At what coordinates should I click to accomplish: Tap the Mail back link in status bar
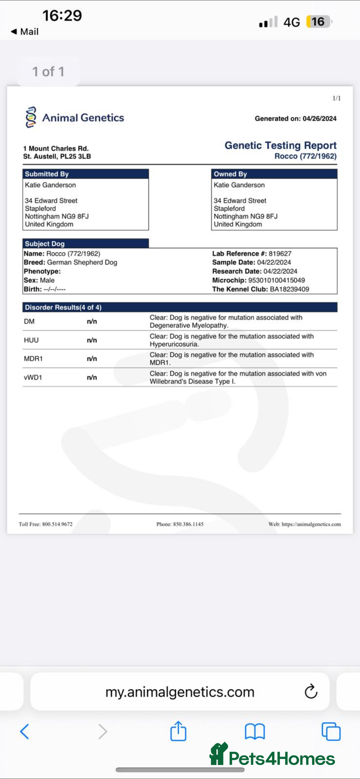[25, 32]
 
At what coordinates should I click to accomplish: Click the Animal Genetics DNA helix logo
[31, 117]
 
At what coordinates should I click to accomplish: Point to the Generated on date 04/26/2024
[319, 119]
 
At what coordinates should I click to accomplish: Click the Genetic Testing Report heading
[280, 145]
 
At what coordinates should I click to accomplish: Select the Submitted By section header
[47, 174]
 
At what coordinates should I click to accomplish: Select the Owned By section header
[230, 174]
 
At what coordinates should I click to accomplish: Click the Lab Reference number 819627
[280, 254]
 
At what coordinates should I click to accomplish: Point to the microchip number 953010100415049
[276, 280]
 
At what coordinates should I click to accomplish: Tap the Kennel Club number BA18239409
[289, 289]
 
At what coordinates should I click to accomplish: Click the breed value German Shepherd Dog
[82, 262]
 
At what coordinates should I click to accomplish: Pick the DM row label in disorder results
[29, 321]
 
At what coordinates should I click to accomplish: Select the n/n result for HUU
[92, 340]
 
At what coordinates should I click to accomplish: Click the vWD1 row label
[33, 377]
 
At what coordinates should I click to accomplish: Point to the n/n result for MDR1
[92, 359]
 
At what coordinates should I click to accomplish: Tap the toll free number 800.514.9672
[57, 524]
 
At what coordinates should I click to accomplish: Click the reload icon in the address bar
[311, 692]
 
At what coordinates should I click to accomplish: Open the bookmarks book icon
[255, 732]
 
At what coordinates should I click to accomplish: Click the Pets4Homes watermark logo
[272, 756]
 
